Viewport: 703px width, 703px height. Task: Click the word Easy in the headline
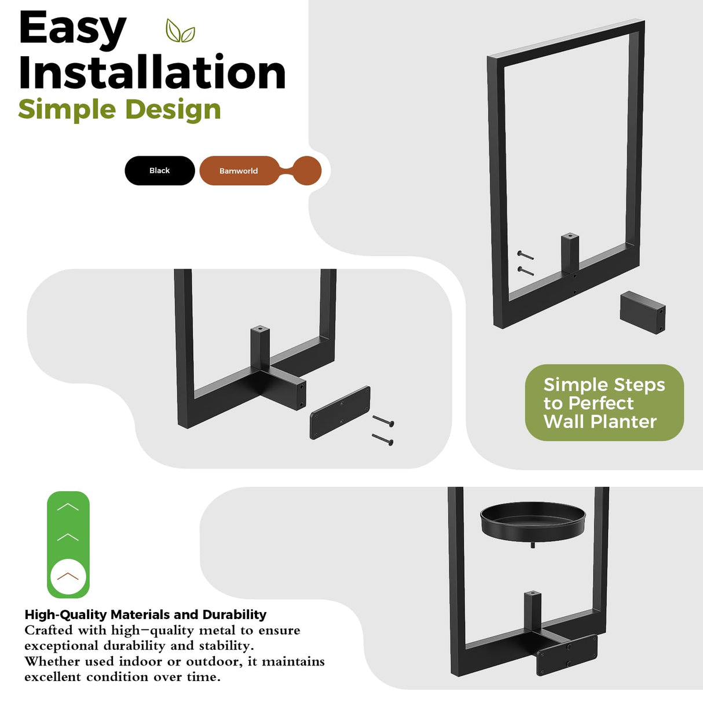(72, 29)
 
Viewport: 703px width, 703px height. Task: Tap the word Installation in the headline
(152, 72)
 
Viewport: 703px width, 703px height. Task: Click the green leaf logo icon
(180, 31)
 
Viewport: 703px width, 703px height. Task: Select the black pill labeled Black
(160, 170)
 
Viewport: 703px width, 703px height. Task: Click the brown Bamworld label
(239, 171)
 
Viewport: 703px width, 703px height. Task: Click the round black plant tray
(533, 522)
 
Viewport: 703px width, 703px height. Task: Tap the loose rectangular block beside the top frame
(642, 312)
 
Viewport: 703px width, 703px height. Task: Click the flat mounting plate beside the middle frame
(340, 413)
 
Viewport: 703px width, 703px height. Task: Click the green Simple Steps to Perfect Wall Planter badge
(604, 403)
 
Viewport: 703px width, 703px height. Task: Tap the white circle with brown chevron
(68, 576)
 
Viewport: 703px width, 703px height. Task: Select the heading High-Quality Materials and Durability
(145, 615)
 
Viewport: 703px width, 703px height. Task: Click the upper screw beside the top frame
(525, 255)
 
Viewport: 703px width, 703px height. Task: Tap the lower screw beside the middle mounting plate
(383, 440)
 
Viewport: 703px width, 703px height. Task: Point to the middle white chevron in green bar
(68, 537)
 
